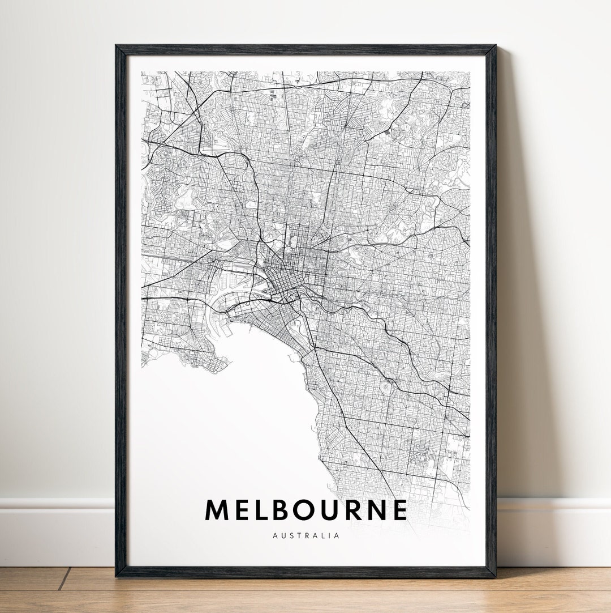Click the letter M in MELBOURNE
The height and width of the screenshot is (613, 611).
pyautogui.click(x=217, y=510)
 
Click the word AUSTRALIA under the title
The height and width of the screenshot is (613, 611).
pyautogui.click(x=306, y=535)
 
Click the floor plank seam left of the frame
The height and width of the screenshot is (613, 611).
pyautogui.click(x=63, y=578)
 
